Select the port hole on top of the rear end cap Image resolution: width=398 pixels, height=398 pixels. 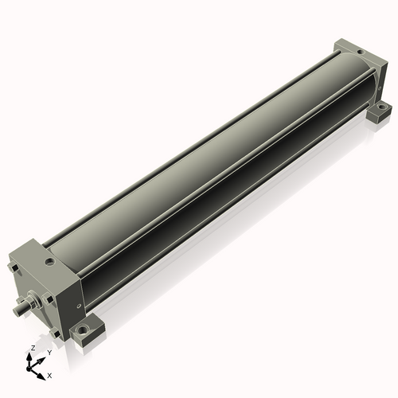[x=358, y=53]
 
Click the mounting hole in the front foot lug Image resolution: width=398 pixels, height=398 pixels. [x=82, y=329]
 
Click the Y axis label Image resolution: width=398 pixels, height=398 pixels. [x=49, y=352]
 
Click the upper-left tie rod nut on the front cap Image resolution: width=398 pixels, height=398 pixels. [x=14, y=268]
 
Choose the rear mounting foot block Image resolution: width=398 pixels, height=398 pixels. [x=380, y=108]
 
